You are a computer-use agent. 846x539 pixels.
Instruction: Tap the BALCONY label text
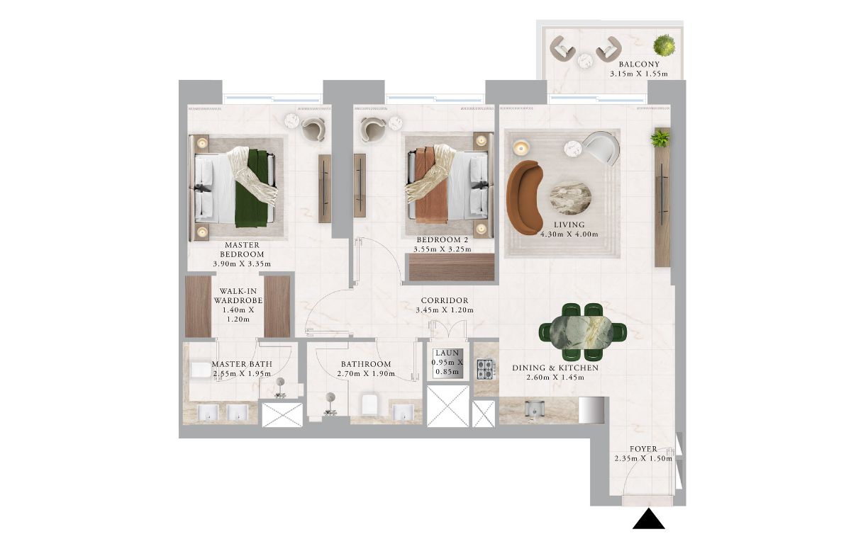point(639,64)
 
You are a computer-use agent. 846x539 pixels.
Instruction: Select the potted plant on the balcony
point(664,45)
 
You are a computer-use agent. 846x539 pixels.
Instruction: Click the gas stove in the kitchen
point(485,369)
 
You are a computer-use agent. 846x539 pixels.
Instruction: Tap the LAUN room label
point(447,353)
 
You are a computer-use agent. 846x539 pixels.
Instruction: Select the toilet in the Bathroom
point(371,402)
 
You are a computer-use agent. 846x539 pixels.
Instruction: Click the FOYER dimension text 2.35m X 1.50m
point(643,459)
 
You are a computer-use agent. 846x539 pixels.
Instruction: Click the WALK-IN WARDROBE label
point(238,296)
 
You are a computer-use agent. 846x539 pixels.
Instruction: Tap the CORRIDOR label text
point(445,301)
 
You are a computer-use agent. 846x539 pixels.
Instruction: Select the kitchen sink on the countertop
point(534,409)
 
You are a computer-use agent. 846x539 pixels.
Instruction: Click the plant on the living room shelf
point(659,138)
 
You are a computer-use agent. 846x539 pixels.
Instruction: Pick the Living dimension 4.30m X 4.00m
point(569,234)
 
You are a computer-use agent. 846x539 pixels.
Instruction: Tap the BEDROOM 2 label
point(443,240)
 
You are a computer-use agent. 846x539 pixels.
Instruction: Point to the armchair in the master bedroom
point(313,129)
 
